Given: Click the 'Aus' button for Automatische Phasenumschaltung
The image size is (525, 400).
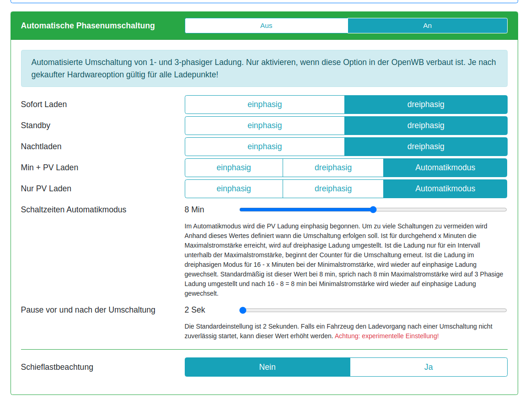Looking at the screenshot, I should pyautogui.click(x=266, y=26).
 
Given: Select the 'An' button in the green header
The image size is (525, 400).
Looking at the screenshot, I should pyautogui.click(x=427, y=26).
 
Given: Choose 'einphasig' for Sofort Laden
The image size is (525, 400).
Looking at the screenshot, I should pyautogui.click(x=264, y=104).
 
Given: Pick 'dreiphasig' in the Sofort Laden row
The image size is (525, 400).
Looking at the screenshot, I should pyautogui.click(x=426, y=104).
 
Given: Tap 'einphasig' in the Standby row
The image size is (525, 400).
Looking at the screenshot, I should pyautogui.click(x=264, y=125).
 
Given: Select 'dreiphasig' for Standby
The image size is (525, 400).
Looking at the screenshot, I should pyautogui.click(x=426, y=125).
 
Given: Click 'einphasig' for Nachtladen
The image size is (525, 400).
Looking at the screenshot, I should pyautogui.click(x=264, y=146).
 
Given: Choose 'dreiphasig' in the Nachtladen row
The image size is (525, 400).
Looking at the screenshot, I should pyautogui.click(x=426, y=146).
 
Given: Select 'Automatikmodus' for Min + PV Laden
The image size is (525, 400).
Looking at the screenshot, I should pyautogui.click(x=445, y=168).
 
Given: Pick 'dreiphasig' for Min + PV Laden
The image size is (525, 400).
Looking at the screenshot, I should pyautogui.click(x=333, y=168).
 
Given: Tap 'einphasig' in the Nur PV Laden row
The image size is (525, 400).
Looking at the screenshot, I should pyautogui.click(x=234, y=189).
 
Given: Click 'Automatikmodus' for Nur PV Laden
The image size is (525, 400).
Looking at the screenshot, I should pyautogui.click(x=445, y=189).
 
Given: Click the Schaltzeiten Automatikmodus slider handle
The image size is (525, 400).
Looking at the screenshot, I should pyautogui.click(x=373, y=210).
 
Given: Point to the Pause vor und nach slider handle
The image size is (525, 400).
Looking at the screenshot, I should pyautogui.click(x=243, y=310).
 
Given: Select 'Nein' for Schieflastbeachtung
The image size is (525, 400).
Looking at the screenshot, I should pyautogui.click(x=267, y=367).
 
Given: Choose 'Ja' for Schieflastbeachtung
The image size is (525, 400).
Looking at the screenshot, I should pyautogui.click(x=429, y=367).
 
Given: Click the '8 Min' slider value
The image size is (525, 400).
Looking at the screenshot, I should pyautogui.click(x=194, y=210).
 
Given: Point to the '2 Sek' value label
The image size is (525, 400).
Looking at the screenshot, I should pyautogui.click(x=195, y=310).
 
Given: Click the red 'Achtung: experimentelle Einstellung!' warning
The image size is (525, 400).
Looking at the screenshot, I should pyautogui.click(x=386, y=336).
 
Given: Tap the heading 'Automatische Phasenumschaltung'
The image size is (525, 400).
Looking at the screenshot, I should pyautogui.click(x=88, y=26).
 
